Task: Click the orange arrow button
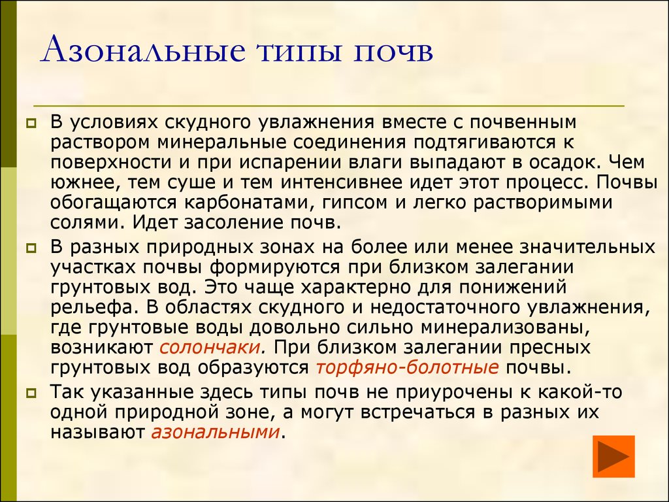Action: [x=613, y=456]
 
